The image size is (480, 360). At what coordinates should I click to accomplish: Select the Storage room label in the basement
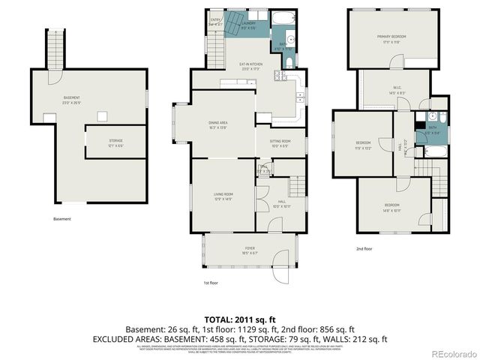click(115, 142)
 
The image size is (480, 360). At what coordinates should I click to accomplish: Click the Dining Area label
click(218, 124)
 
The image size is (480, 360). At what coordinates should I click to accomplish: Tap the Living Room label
click(223, 196)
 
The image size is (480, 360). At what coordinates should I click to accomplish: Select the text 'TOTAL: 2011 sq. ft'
click(240, 319)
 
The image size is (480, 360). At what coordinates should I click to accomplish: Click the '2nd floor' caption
click(364, 248)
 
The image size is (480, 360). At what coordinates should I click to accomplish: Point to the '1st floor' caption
click(211, 283)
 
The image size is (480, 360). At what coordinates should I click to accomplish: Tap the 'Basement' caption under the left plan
click(62, 219)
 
